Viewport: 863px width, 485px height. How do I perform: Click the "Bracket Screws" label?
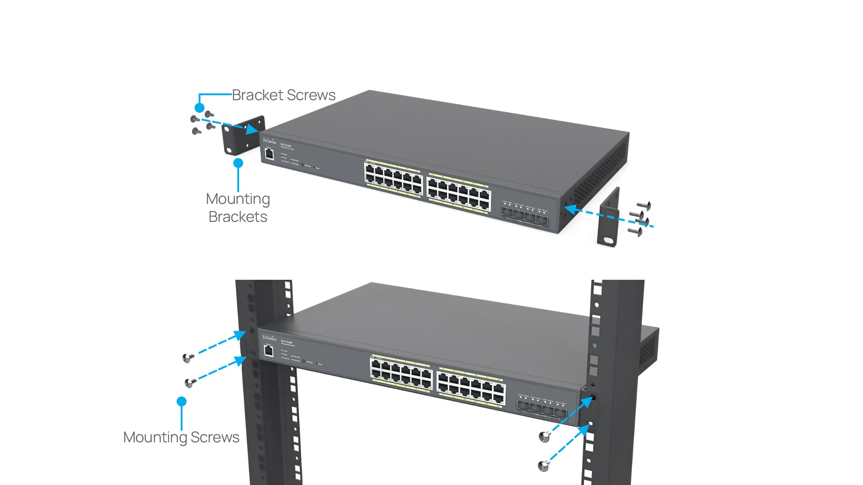click(x=283, y=95)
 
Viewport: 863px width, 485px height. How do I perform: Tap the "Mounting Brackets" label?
click(x=238, y=207)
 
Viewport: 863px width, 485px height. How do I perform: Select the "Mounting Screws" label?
click(x=181, y=437)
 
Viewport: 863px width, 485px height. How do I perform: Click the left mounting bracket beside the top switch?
click(x=243, y=135)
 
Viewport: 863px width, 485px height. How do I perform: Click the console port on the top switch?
click(x=269, y=154)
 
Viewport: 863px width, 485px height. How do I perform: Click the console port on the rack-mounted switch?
click(x=269, y=350)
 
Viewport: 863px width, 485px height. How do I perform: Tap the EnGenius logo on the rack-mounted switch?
click(x=270, y=338)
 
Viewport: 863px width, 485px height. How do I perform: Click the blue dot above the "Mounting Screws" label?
click(x=182, y=401)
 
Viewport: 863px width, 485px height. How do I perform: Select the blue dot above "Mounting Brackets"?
click(x=238, y=163)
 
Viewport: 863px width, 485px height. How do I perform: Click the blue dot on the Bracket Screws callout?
click(x=200, y=108)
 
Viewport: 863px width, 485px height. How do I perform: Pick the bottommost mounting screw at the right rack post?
click(x=543, y=466)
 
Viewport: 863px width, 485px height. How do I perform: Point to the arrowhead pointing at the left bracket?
click(x=253, y=129)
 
